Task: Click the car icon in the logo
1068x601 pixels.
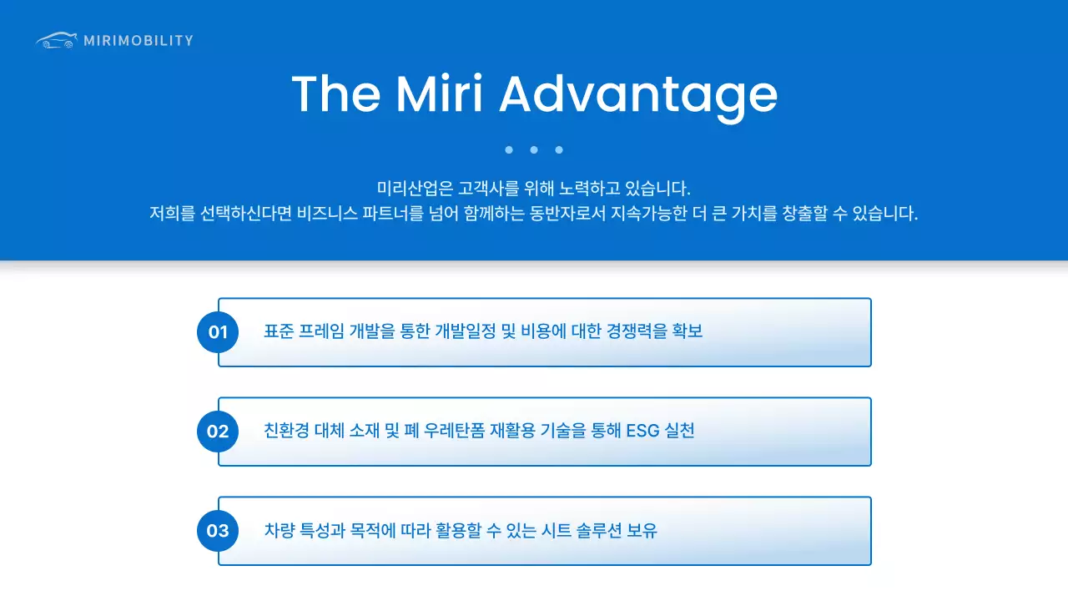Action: (56, 40)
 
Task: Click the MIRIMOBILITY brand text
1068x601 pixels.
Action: (139, 40)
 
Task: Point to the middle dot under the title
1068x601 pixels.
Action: (534, 150)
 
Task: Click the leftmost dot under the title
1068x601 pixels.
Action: (509, 150)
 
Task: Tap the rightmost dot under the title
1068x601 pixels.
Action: (559, 150)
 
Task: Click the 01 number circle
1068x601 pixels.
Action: (218, 332)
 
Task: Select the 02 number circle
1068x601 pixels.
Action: (218, 432)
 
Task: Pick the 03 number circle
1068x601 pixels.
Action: (218, 531)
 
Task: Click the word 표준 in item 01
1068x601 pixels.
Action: (278, 332)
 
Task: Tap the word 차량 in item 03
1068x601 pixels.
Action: (278, 531)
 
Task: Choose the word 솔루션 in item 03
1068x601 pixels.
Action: (598, 531)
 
